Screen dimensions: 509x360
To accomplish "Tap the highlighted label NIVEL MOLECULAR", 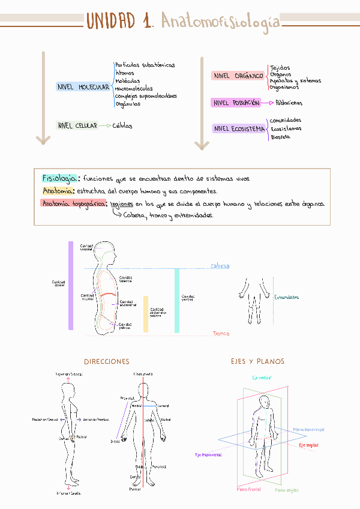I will click(83, 87).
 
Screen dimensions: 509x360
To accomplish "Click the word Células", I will click(122, 126).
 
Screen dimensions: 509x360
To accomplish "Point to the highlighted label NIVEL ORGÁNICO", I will click(238, 76).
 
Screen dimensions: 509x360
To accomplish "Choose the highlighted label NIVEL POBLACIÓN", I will click(236, 103).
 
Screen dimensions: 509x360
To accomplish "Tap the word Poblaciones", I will click(289, 103).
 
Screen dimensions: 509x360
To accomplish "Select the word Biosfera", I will click(280, 137).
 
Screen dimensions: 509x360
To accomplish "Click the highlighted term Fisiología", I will click(59, 178).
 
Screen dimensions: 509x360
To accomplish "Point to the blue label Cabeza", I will click(220, 266).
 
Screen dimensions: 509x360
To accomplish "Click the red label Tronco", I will click(221, 333).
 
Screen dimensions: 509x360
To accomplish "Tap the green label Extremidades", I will click(287, 297).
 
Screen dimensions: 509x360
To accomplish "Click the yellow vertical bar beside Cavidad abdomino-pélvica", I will click(146, 314).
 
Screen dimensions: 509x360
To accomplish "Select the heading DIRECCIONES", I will click(107, 362).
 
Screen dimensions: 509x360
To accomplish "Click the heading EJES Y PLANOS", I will click(257, 362).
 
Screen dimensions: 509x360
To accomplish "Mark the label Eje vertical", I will click(261, 378).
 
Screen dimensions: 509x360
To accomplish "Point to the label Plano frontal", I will click(249, 490).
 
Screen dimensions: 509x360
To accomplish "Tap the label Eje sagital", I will click(308, 445).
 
